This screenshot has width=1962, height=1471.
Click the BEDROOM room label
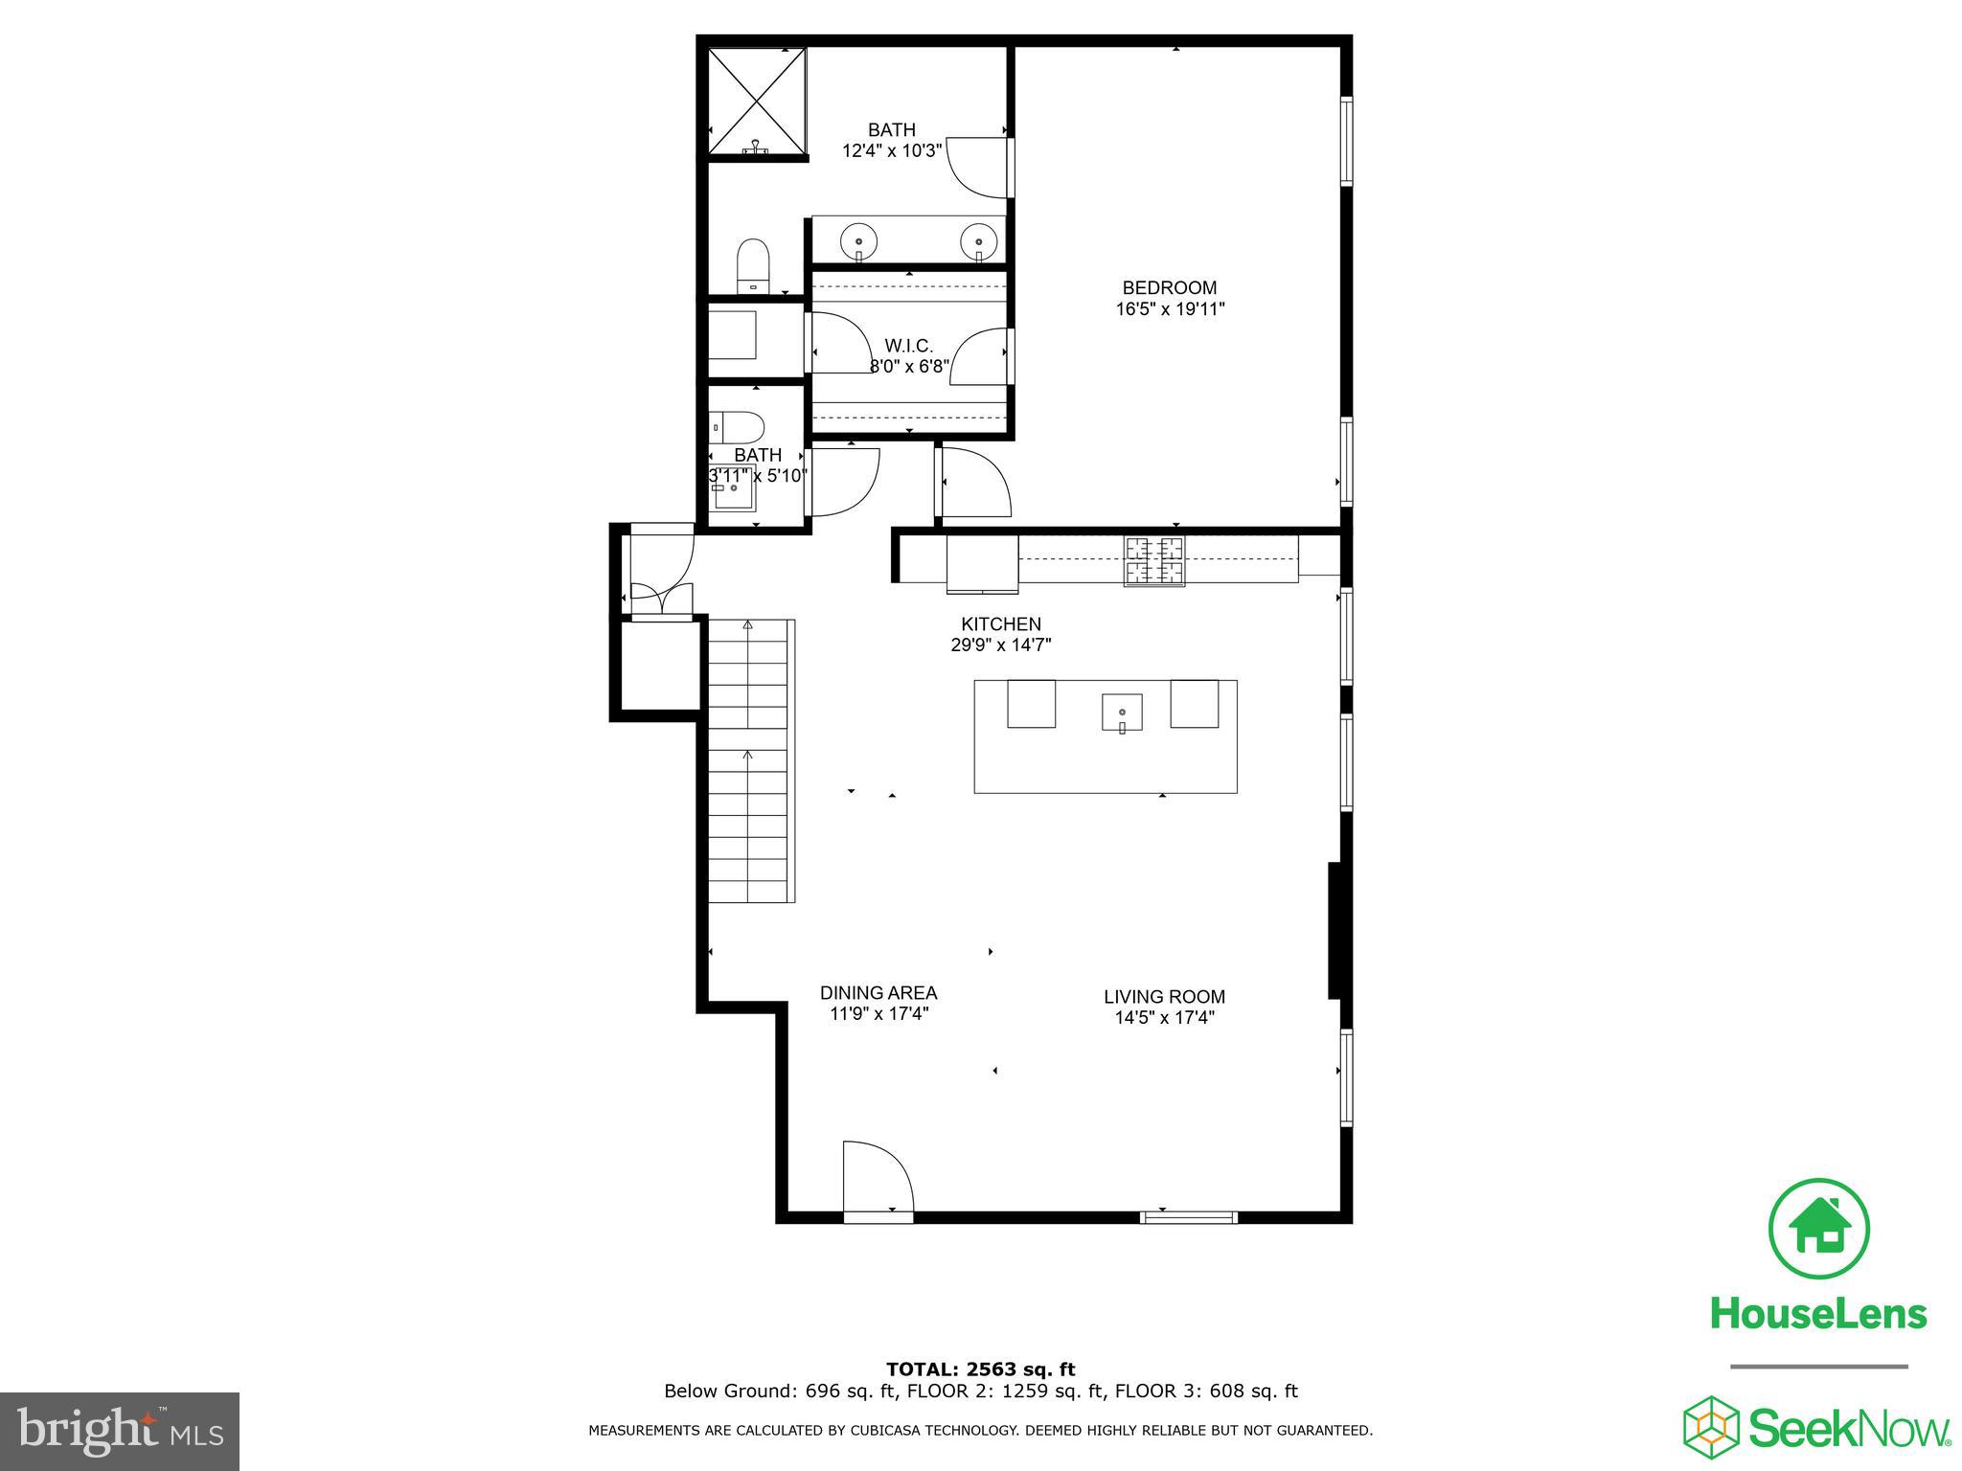pos(1169,287)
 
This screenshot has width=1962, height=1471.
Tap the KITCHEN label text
pos(1000,624)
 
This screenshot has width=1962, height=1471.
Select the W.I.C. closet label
pos(908,346)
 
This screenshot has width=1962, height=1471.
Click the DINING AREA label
pos(878,993)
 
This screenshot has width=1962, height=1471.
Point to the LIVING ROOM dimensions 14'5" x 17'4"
pos(1164,1018)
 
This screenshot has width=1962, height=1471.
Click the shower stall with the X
pos(757,100)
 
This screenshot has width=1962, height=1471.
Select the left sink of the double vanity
pos(859,241)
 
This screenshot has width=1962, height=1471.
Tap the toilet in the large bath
pos(753,265)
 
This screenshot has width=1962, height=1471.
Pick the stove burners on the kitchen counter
pos(1153,561)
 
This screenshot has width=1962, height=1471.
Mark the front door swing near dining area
pos(877,1178)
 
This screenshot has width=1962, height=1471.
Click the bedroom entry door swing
pos(975,484)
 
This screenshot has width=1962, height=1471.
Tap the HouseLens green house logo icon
pos(1818,1229)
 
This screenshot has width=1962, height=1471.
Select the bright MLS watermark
pos(120,1432)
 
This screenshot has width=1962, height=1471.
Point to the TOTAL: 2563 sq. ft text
pos(980,1369)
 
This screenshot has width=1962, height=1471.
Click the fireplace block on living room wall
pos(1335,931)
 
